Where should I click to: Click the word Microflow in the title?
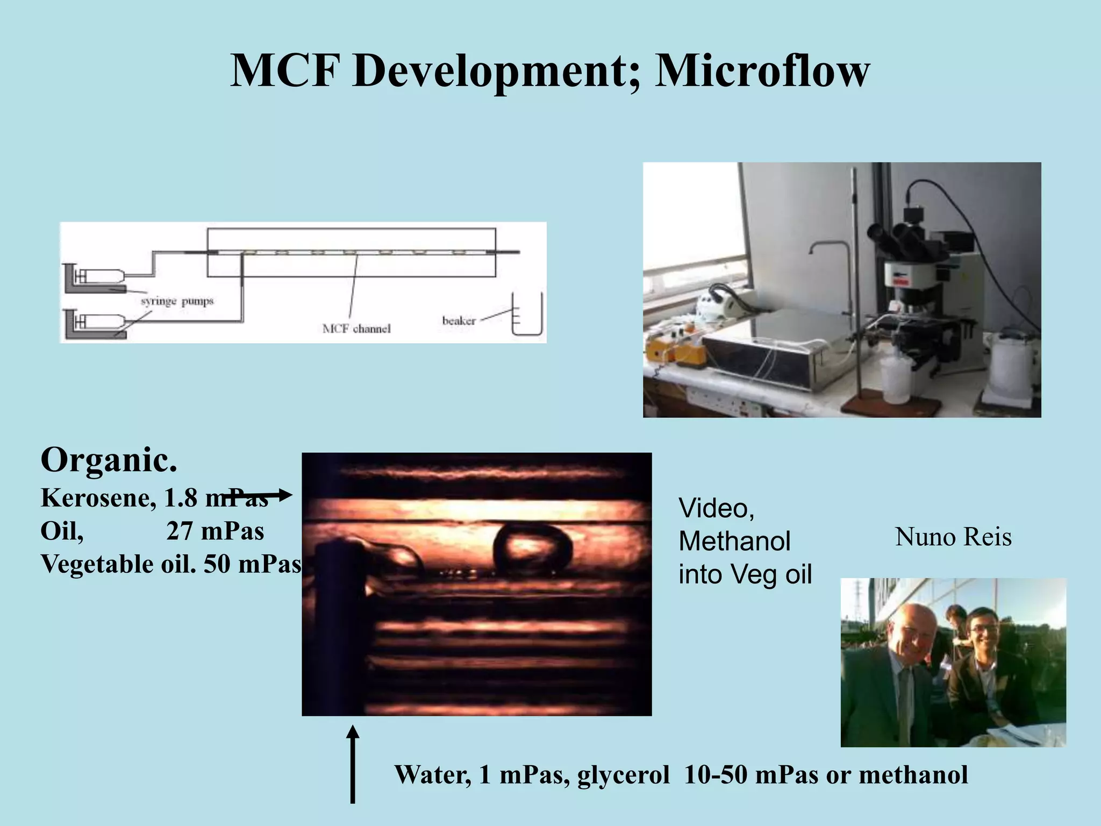point(762,72)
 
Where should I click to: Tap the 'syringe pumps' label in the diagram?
point(177,301)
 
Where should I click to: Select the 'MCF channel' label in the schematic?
point(356,329)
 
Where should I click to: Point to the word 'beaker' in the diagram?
point(459,321)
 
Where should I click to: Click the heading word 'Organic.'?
point(109,460)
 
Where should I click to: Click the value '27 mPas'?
point(215,531)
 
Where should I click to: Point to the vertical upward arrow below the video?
point(353,764)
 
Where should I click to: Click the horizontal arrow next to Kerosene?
point(263,495)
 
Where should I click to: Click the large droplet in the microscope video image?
point(532,549)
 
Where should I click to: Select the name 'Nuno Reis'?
point(953,537)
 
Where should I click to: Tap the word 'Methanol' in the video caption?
point(734,541)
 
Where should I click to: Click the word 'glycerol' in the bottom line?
point(624,775)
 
